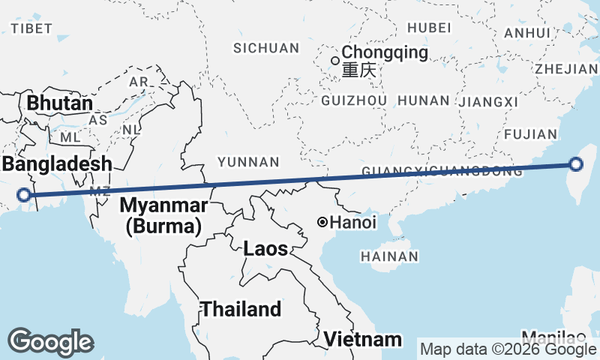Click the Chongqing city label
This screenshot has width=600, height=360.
click(385, 53)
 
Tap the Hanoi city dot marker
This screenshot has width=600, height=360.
click(322, 222)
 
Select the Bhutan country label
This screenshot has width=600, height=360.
click(60, 103)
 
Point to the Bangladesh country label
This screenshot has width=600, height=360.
click(56, 164)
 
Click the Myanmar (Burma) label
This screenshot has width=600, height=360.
click(163, 215)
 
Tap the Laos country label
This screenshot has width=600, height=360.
click(265, 248)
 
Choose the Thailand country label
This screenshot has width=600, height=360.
click(241, 309)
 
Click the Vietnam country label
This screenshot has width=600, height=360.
click(363, 339)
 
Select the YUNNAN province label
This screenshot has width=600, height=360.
click(248, 162)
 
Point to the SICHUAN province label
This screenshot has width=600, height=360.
click(266, 49)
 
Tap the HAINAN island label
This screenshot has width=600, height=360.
click(389, 256)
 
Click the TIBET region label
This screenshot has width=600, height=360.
click(31, 28)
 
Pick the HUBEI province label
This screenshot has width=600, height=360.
click(429, 28)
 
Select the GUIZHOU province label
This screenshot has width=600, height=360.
click(353, 100)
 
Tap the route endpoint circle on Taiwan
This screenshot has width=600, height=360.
click(575, 165)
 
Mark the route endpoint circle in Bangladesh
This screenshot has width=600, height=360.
click(25, 195)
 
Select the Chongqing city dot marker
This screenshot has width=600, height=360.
click(335, 60)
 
